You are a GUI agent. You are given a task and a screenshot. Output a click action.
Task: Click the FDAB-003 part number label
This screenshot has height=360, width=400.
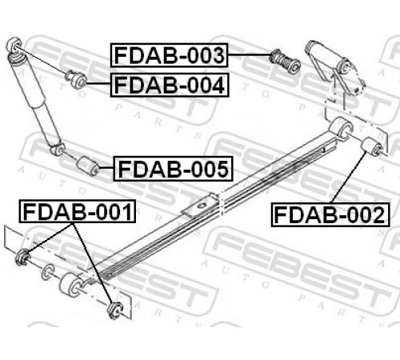tap(169, 55)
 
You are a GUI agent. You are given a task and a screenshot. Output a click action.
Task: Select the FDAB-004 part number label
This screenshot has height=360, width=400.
tap(170, 85)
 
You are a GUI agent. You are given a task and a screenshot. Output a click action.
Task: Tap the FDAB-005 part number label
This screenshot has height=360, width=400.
tap(173, 169)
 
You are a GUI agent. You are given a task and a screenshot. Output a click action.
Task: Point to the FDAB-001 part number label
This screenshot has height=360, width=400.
tap(78, 211)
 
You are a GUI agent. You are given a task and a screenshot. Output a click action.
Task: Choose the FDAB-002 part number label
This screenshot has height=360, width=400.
tap(330, 214)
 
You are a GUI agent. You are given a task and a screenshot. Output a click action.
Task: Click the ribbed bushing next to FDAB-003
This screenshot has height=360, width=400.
tap(285, 61)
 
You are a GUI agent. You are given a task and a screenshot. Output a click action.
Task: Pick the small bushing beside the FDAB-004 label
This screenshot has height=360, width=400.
tap(76, 79)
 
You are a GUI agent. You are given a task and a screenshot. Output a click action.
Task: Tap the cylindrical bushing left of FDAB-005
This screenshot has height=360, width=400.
tap(88, 166)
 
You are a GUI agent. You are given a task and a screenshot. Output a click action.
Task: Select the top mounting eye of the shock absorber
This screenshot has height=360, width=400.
tap(14, 45)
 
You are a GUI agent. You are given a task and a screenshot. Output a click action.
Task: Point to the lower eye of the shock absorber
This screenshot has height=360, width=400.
tap(58, 149)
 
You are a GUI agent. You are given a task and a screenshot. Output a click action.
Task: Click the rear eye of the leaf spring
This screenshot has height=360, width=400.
tap(342, 128)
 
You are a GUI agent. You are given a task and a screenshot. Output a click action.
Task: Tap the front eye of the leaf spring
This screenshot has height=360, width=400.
tap(71, 286)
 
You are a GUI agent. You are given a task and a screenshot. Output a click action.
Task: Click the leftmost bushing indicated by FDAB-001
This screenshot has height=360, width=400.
tap(23, 257)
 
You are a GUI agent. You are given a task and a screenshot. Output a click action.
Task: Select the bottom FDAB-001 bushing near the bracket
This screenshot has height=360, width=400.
tap(115, 310)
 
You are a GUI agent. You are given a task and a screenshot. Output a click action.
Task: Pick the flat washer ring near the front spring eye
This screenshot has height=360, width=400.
tap(48, 272)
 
